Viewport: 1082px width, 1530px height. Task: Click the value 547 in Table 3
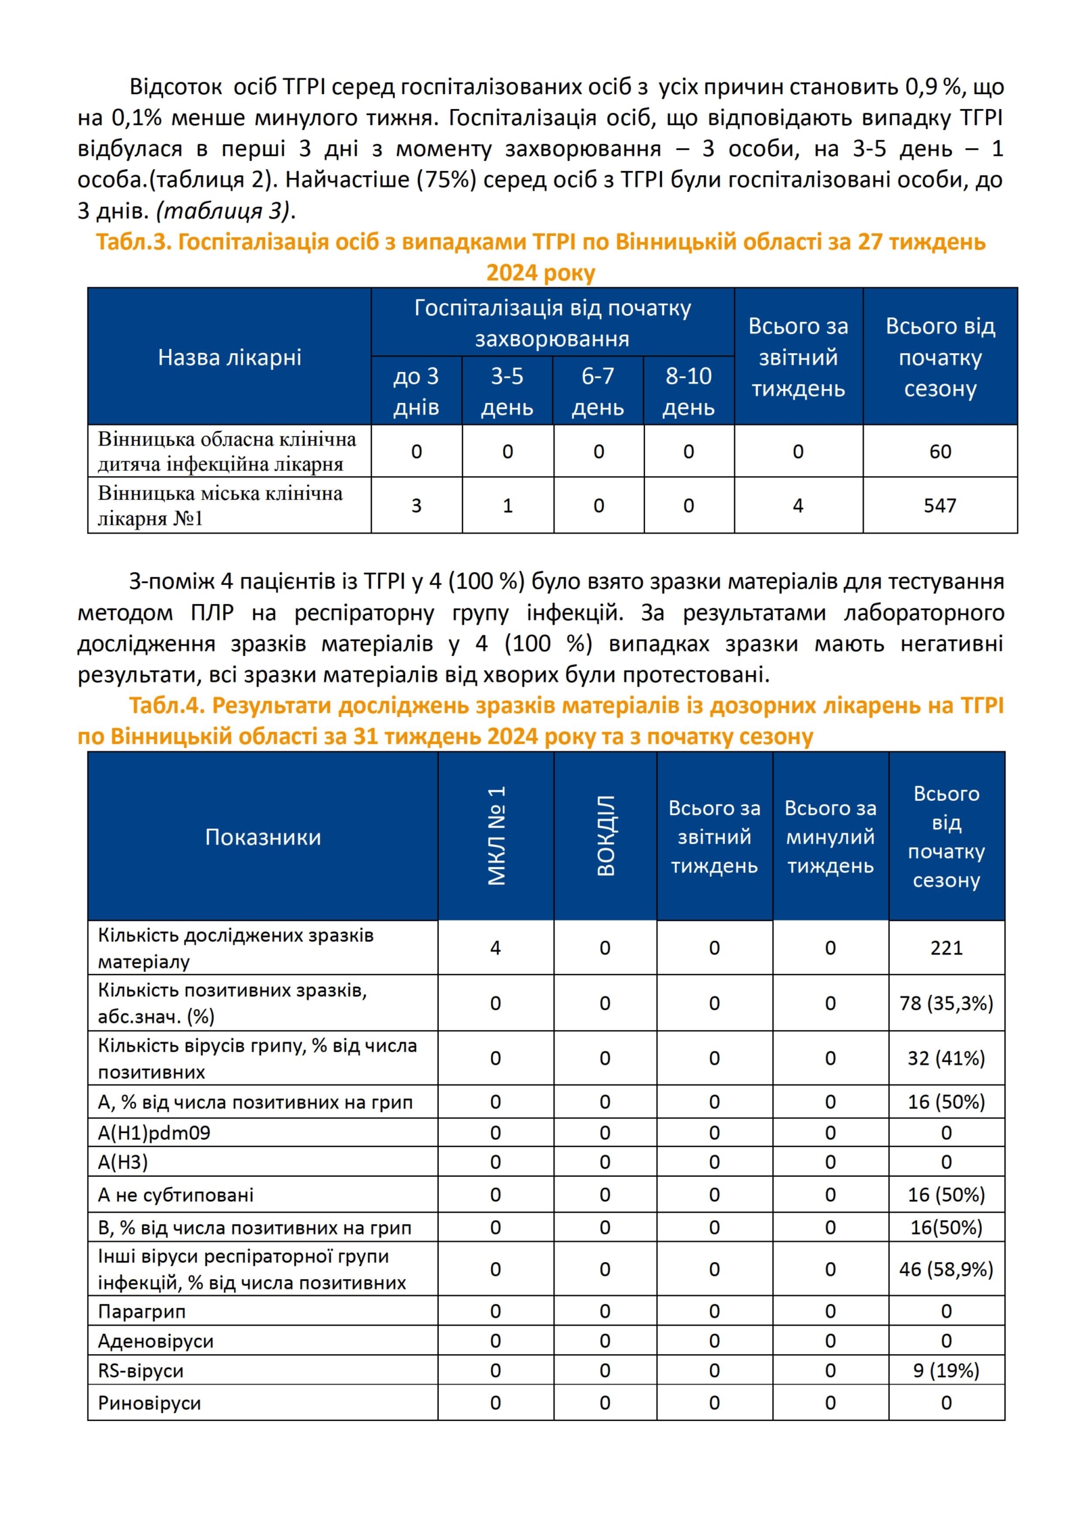pos(939,505)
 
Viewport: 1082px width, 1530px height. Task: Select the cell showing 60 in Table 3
pos(939,451)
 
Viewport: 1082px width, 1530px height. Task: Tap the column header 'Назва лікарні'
pos(229,357)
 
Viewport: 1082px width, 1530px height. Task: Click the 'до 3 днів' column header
pos(416,392)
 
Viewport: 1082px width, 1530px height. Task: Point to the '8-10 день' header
pos(688,392)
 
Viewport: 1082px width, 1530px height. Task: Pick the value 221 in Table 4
pos(946,948)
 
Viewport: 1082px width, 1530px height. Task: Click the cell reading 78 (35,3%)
pos(946,1003)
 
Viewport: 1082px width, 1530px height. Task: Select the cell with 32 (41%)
pos(946,1058)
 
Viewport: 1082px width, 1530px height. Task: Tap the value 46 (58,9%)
pos(946,1269)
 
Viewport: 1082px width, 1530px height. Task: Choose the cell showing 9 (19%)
pos(946,1370)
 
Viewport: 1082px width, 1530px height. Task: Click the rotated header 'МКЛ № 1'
pos(496,836)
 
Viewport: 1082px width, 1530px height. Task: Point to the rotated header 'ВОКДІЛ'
pos(606,836)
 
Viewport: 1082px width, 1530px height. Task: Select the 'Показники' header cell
pos(263,837)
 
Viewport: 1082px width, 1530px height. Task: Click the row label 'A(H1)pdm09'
pos(154,1132)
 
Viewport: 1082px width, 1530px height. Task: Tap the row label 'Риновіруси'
pos(149,1403)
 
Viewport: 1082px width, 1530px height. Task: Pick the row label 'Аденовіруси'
pos(156,1341)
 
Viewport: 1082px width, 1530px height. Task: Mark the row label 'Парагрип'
pos(141,1312)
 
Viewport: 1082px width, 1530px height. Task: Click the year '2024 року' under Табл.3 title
pos(540,273)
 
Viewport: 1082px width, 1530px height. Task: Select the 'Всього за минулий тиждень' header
pos(830,837)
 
